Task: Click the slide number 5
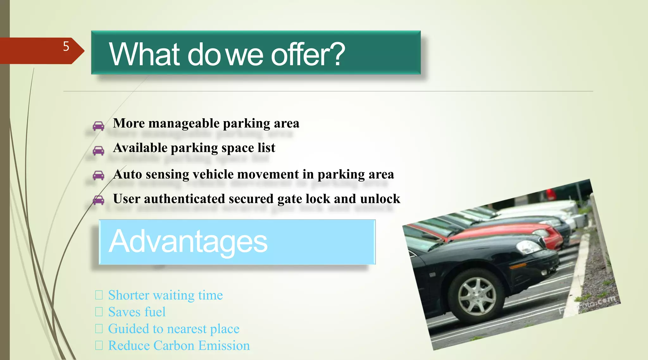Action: tap(66, 47)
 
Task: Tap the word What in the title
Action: tap(145, 54)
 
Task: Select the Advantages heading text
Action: tap(188, 241)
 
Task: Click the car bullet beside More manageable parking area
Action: tap(98, 126)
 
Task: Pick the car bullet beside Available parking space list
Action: tap(98, 151)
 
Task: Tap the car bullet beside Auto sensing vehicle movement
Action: tap(98, 175)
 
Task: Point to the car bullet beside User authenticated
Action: tap(98, 200)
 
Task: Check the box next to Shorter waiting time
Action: tap(99, 295)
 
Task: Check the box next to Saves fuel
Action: tap(99, 312)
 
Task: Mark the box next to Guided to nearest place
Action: tap(99, 329)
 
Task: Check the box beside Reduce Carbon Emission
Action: tap(99, 345)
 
